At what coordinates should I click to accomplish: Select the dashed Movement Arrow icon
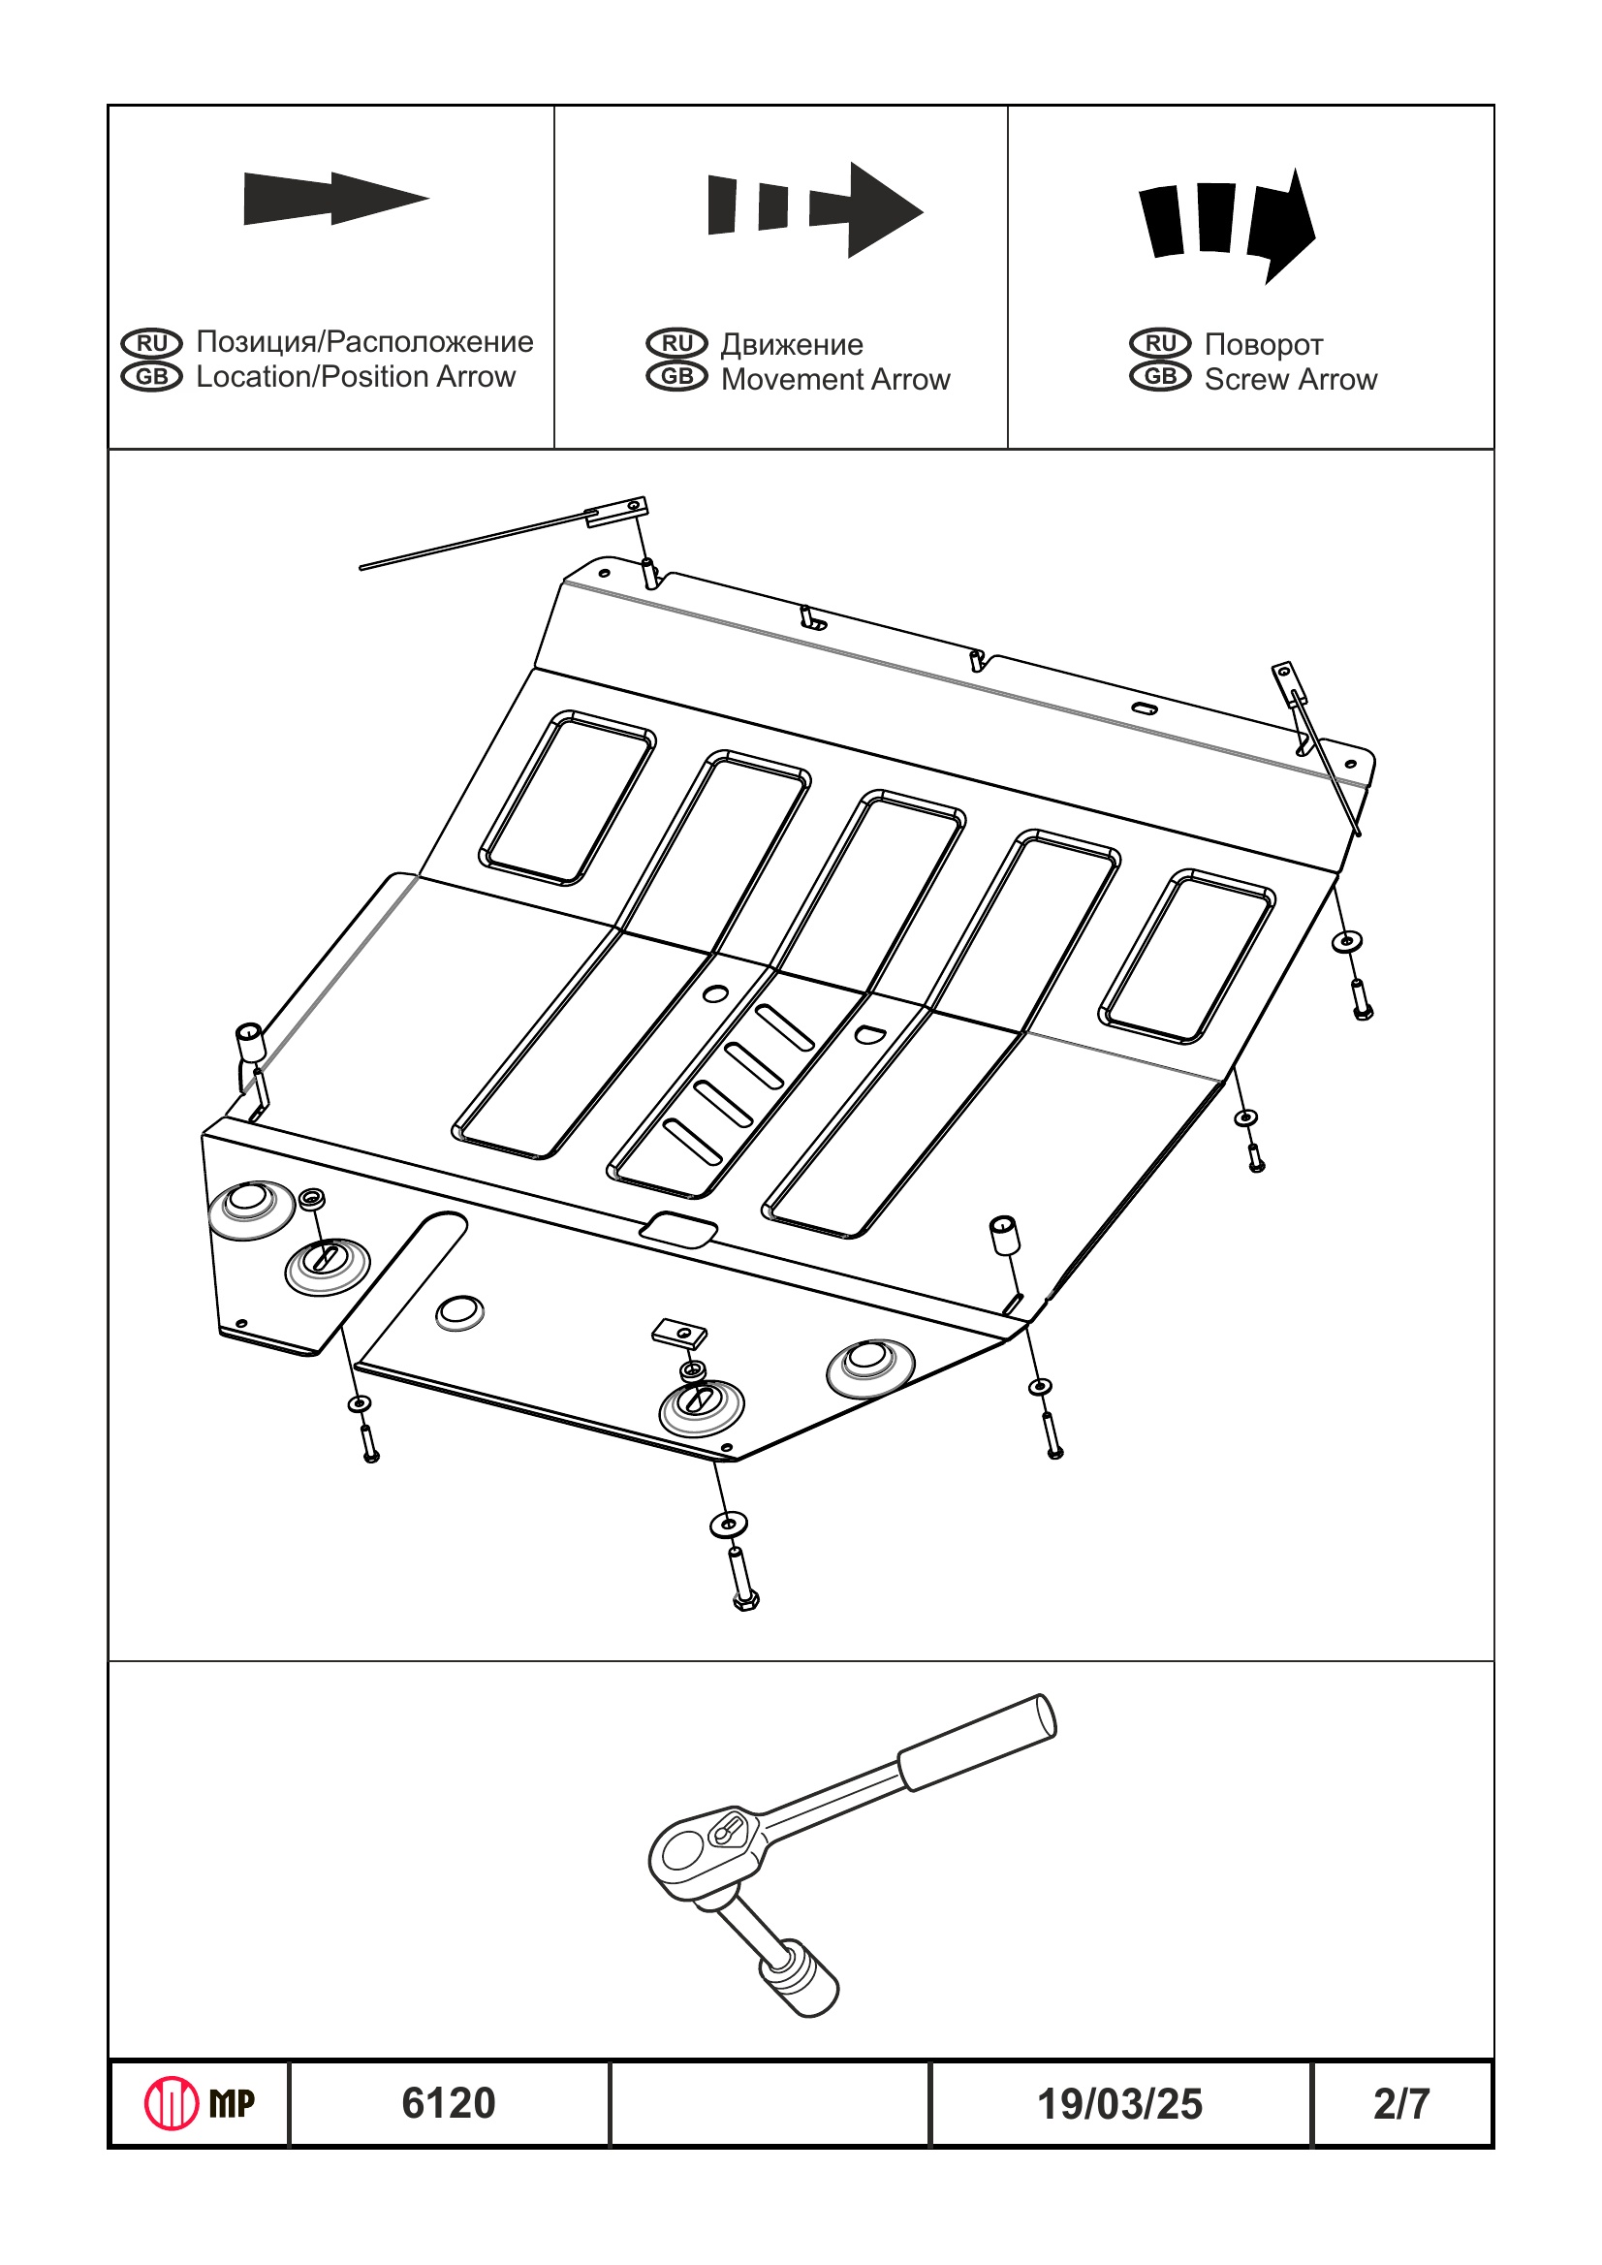[814, 209]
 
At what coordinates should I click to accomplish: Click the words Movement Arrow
[834, 380]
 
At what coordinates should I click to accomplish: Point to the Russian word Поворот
[1263, 344]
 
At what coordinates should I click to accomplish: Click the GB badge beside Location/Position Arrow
[152, 377]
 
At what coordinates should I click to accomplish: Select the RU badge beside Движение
[676, 343]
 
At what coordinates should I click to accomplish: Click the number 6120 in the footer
[448, 2103]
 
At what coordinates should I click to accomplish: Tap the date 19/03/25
[1119, 2104]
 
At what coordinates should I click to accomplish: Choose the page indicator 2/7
[1400, 2104]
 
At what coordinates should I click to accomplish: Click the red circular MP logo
[172, 2103]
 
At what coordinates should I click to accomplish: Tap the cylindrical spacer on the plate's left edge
[251, 1043]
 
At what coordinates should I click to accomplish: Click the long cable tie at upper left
[474, 541]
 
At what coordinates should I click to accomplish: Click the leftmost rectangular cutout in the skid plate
[567, 797]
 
